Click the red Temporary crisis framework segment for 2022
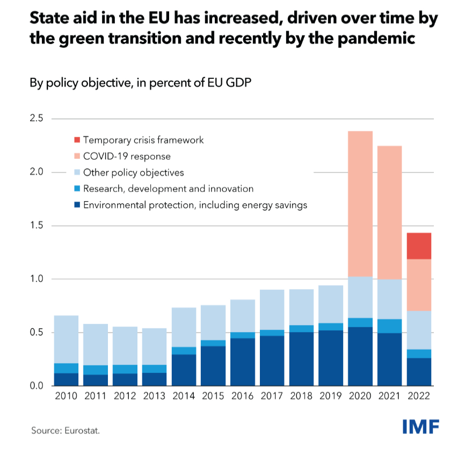(419, 246)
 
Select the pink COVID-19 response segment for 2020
(360, 204)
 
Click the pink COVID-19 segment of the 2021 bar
(389, 212)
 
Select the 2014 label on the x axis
(184, 397)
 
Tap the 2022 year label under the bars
(419, 397)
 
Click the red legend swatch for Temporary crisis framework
(77, 141)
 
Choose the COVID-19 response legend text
(127, 157)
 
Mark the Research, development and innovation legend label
(168, 189)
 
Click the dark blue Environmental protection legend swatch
(77, 205)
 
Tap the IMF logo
(421, 427)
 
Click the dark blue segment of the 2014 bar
(184, 370)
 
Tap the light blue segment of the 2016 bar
(243, 316)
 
